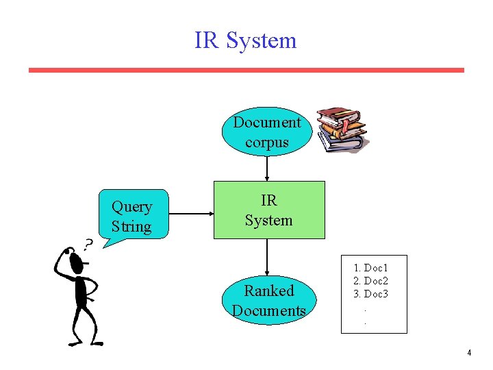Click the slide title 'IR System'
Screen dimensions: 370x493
click(245, 40)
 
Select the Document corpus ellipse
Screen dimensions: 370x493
click(266, 132)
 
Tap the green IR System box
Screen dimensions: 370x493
click(269, 210)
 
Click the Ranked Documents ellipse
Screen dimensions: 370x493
click(268, 300)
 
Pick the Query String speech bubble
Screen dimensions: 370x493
click(132, 214)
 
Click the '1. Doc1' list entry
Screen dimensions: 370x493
click(370, 268)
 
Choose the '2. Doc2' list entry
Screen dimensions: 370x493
click(370, 281)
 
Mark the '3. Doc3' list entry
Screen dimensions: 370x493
click(370, 294)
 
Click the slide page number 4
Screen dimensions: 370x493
click(469, 353)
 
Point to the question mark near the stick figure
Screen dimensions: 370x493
click(88, 243)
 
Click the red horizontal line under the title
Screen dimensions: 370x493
click(246, 70)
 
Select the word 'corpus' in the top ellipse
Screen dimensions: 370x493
click(266, 143)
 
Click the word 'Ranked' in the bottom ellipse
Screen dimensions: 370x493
click(268, 291)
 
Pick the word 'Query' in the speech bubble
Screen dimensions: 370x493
click(131, 206)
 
